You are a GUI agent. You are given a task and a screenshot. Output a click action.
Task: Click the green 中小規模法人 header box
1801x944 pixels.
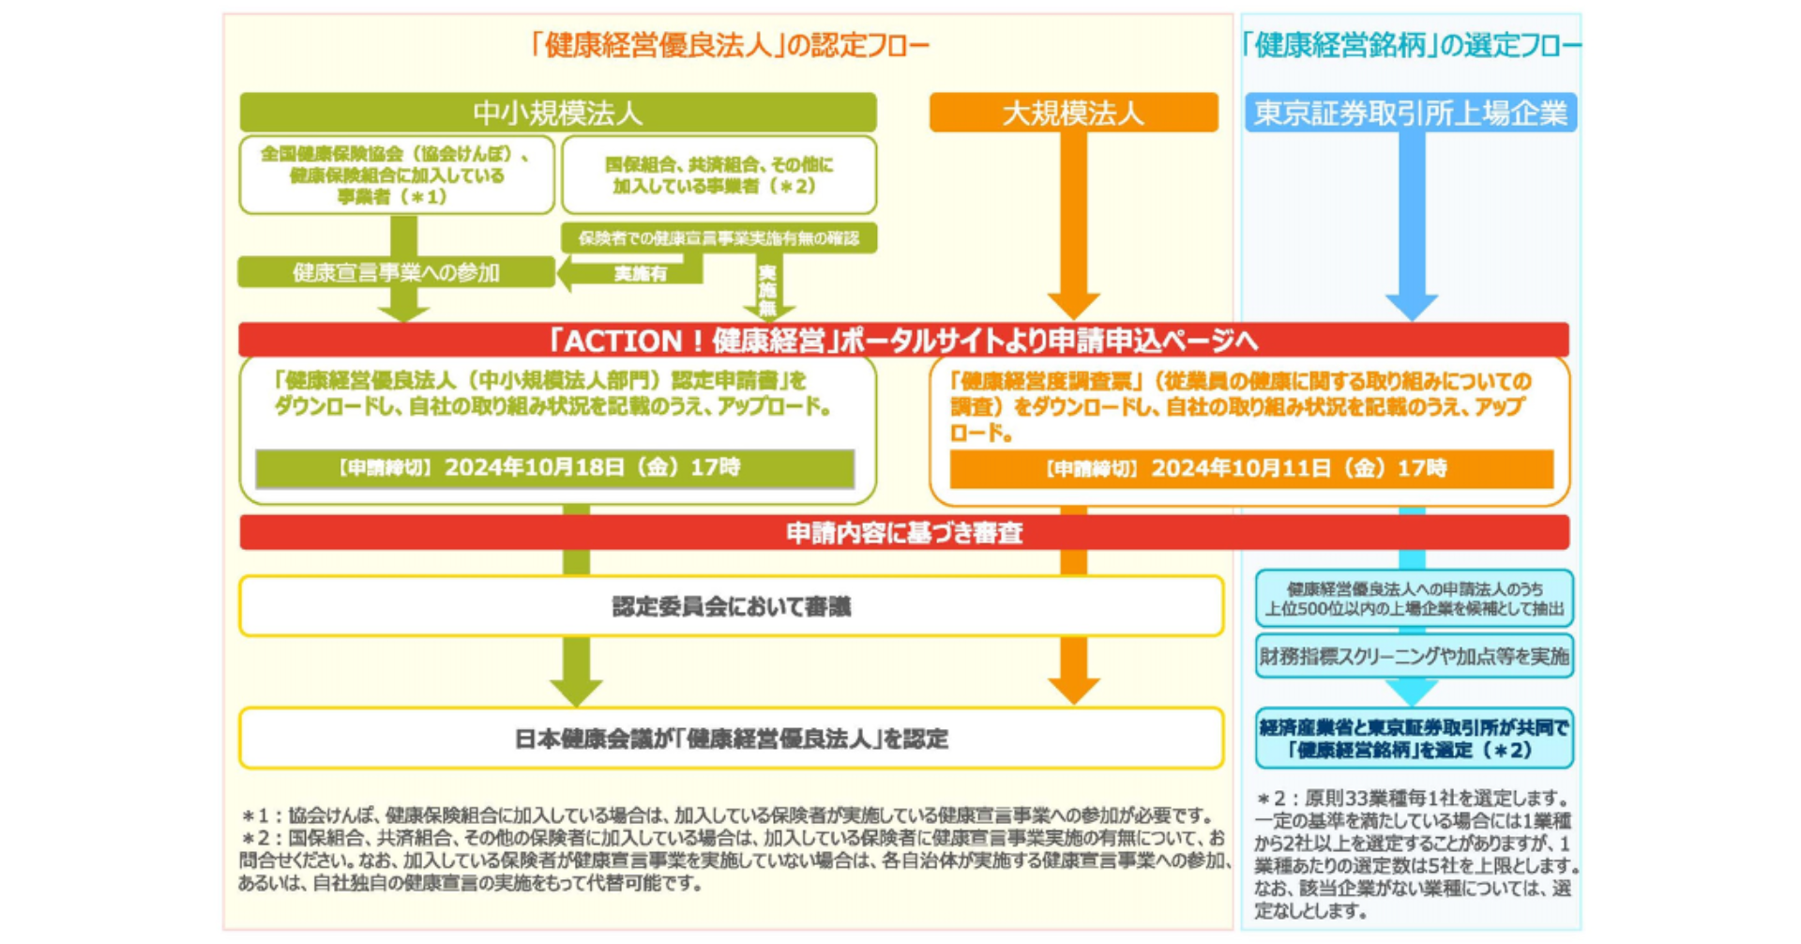point(557,113)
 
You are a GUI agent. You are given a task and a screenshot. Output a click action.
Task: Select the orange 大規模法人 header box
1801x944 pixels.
point(1073,113)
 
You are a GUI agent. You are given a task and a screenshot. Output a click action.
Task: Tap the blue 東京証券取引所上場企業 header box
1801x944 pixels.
point(1410,113)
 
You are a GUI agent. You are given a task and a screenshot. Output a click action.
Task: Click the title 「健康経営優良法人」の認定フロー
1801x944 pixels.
point(728,45)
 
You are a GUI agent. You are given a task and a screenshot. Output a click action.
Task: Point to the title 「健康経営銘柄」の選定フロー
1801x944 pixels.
point(1410,45)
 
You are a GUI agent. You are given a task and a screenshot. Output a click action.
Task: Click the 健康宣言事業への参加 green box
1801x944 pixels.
point(396,272)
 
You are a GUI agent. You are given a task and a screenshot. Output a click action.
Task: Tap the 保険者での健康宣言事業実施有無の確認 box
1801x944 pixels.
point(719,238)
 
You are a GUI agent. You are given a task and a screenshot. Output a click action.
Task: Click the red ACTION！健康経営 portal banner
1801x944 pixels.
point(903,340)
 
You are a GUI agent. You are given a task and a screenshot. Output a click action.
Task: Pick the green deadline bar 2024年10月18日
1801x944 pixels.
point(554,468)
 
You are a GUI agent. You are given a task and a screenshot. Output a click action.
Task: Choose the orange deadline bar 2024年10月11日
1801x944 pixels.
point(1250,468)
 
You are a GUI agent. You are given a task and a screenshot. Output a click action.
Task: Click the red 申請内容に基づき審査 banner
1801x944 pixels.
point(903,533)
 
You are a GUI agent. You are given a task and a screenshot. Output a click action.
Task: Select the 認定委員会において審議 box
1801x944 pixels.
point(731,607)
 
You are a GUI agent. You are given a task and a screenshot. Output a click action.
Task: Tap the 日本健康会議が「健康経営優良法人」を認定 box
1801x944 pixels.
point(731,738)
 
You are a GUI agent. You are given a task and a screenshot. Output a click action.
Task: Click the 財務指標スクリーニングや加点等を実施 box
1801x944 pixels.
point(1414,656)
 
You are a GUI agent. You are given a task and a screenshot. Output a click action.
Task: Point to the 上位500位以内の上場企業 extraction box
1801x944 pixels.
point(1414,599)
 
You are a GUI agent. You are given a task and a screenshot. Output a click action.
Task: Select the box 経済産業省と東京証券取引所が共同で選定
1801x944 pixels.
point(1414,738)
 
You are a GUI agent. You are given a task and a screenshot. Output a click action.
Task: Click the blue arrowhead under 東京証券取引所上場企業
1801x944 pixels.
point(1412,306)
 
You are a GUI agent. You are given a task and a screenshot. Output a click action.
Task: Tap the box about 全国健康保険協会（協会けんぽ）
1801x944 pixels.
point(396,175)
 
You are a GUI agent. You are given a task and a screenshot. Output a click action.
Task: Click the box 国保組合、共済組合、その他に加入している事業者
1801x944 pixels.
point(719,175)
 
